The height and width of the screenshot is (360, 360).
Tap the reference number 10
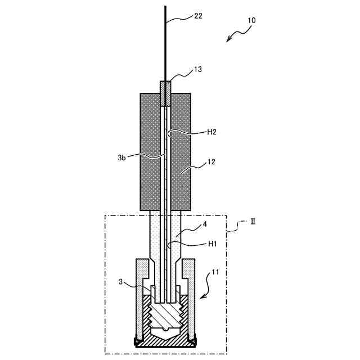[x=251, y=20]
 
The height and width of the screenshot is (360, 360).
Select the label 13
[x=198, y=70]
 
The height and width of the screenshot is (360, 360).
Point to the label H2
[x=212, y=132]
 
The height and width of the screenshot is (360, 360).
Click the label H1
[x=211, y=245]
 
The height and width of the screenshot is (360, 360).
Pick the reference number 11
[x=216, y=273]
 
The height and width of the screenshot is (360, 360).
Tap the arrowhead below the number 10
[x=228, y=39]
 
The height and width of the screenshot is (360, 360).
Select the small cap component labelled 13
[x=165, y=93]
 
